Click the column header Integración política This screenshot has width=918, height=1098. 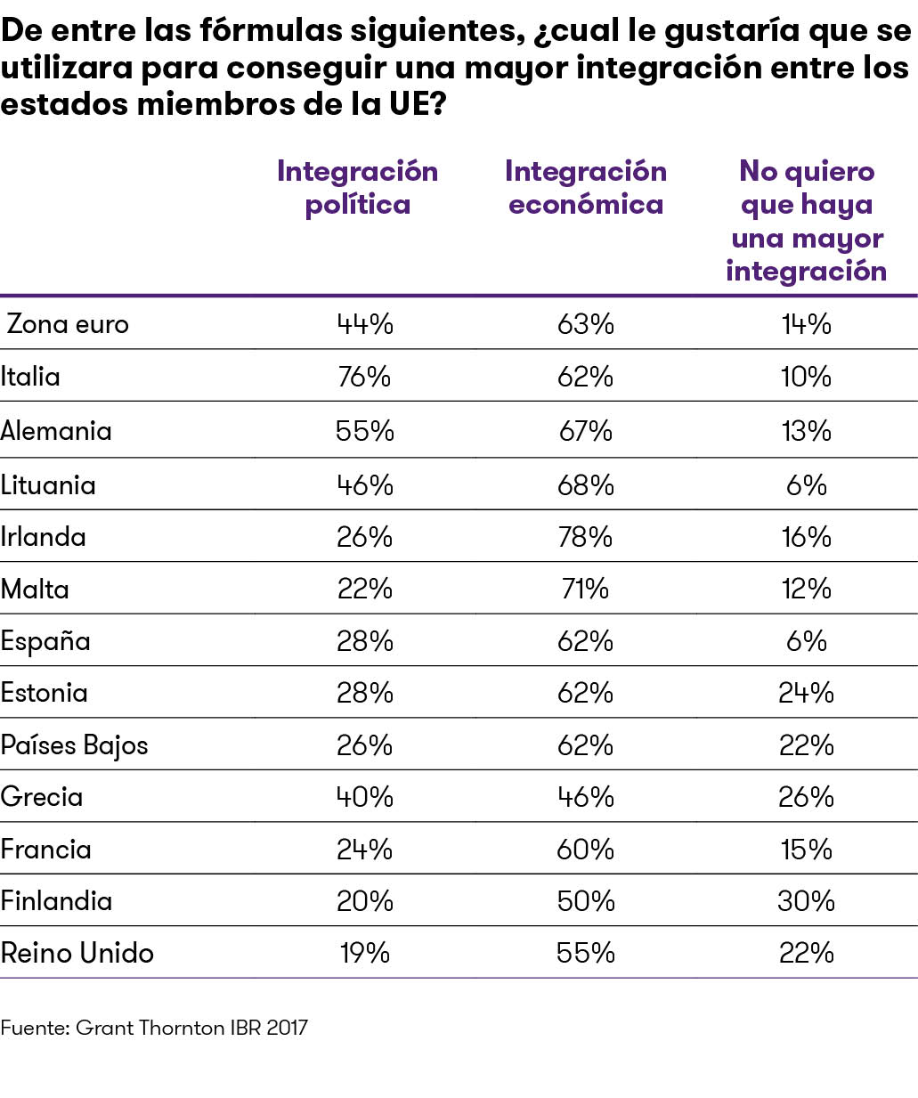pos(357,188)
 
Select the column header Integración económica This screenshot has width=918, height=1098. pos(585,188)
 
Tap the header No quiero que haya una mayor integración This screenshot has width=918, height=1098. pos(806,221)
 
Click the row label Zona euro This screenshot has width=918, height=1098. pos(68,324)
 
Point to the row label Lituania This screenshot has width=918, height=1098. pos(48,485)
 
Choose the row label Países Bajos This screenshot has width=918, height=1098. pos(74,745)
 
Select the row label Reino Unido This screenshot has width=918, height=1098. pos(77,953)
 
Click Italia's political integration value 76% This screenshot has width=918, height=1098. pos(364,377)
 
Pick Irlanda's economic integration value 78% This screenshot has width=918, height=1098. pos(585,537)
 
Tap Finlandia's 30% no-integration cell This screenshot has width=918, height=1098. pos(806,901)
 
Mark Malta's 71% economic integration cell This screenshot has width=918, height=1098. pos(585,589)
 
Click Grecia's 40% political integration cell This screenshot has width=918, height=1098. pos(364,797)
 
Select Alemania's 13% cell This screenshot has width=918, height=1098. pos(806,431)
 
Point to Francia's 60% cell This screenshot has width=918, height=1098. pos(585,850)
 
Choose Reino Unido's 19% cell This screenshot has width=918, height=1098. pos(364,953)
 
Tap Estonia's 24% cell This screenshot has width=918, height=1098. pos(806,693)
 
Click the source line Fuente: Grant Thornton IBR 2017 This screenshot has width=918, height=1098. pos(154,1028)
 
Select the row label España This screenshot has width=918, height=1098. pos(45,641)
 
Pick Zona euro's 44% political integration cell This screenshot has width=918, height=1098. pos(364,324)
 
